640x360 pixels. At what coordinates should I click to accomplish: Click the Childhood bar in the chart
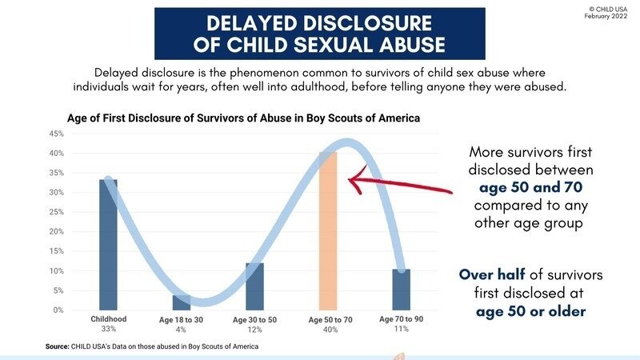(x=108, y=244)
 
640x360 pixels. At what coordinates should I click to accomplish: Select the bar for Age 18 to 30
(x=182, y=303)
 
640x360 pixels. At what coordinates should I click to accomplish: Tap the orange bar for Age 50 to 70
(x=328, y=231)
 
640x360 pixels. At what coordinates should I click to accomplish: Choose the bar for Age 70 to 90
(x=401, y=289)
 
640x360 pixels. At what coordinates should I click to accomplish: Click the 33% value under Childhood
(x=108, y=328)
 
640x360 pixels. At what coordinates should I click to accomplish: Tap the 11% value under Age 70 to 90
(x=401, y=328)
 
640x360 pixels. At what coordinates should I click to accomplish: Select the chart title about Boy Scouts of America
(x=243, y=118)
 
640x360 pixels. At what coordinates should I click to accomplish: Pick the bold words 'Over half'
(x=490, y=274)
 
